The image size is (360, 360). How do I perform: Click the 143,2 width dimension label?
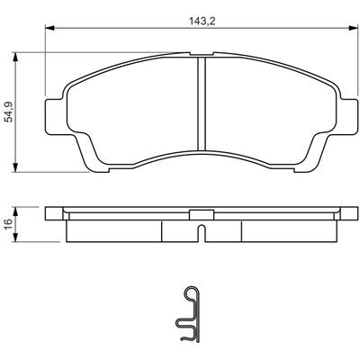(x=202, y=22)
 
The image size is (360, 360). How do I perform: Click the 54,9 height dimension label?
(x=10, y=112)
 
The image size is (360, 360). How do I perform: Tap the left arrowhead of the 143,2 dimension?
(x=49, y=28)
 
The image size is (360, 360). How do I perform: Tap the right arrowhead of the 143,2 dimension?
(x=354, y=28)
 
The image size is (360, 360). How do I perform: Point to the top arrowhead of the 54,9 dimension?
(x=15, y=57)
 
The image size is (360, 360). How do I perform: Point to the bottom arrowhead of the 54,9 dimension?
(x=15, y=167)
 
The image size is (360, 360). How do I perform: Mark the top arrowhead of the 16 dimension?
(x=15, y=211)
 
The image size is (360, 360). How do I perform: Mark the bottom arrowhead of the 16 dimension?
(x=15, y=237)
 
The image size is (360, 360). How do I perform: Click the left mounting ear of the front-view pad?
(x=54, y=116)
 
